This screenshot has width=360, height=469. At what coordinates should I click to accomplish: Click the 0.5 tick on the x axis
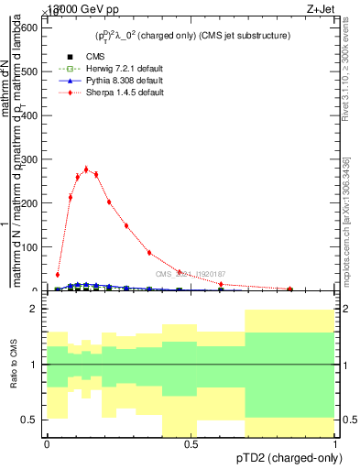(191, 444)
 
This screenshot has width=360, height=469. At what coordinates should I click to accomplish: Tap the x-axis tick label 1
(336, 444)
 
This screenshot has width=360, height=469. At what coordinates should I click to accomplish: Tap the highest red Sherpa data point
(86, 169)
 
